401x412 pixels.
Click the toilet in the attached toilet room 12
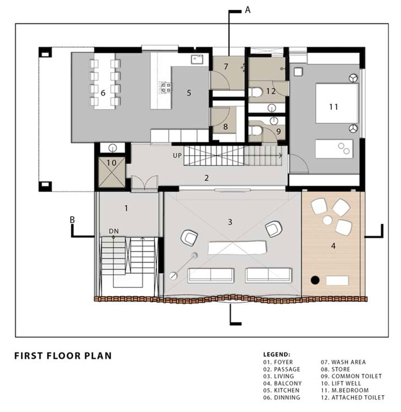click(x=256, y=92)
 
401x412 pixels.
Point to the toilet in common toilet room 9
click(x=256, y=130)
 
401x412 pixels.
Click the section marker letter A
click(x=247, y=10)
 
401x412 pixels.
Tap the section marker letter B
click(x=72, y=220)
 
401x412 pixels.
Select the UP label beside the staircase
click(x=177, y=156)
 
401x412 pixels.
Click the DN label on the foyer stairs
click(x=114, y=231)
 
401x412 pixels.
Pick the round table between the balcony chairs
click(x=327, y=220)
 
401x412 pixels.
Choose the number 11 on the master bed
click(x=333, y=107)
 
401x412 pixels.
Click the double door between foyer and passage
click(x=144, y=183)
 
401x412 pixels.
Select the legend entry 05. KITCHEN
click(x=281, y=390)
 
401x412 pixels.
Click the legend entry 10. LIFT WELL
click(x=346, y=383)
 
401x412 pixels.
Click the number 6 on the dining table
click(x=103, y=93)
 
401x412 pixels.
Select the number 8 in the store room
click(x=225, y=127)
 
